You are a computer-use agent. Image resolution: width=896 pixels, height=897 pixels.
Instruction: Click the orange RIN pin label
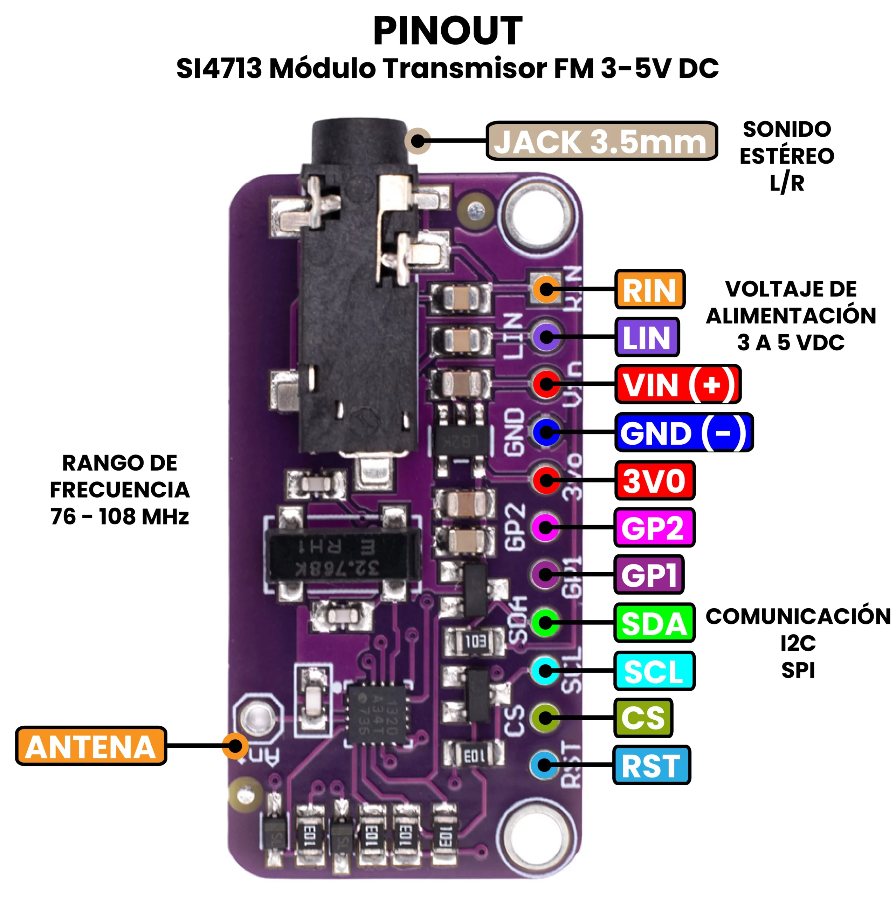(x=649, y=289)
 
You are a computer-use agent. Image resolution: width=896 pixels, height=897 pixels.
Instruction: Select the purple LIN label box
(x=647, y=337)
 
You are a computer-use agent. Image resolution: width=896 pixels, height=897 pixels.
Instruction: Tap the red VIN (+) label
(x=677, y=384)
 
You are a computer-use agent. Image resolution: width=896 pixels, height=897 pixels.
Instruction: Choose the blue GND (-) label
(x=683, y=432)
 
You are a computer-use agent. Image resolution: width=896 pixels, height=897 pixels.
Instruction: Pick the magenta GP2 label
(x=653, y=527)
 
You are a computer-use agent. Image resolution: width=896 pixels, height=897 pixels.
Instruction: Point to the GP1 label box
(x=649, y=575)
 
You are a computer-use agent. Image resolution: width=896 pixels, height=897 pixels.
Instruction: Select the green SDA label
(x=654, y=623)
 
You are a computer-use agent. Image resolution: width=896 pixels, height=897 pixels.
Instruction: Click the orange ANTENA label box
(x=91, y=746)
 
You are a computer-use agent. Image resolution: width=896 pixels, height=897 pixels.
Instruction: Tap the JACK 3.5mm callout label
(x=601, y=141)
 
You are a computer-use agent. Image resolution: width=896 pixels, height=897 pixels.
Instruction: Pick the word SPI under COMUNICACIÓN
(x=798, y=670)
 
